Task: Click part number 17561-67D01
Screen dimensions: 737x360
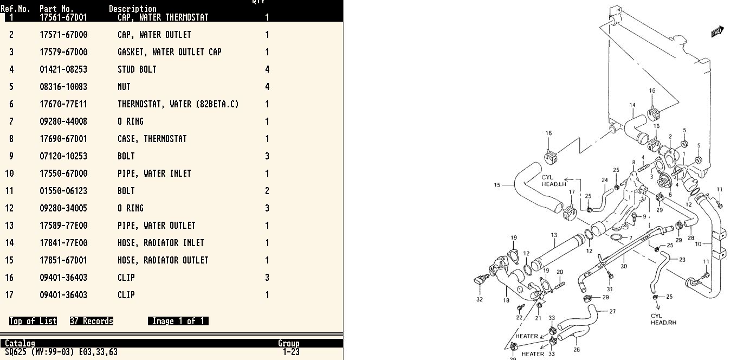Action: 63,17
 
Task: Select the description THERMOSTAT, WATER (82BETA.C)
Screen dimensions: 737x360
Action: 178,104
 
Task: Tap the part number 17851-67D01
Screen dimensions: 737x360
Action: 63,260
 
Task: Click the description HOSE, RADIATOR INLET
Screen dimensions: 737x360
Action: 161,243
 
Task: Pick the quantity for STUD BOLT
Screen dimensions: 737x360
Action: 267,69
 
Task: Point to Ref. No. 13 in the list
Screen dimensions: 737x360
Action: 9,226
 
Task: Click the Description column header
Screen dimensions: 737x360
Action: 133,9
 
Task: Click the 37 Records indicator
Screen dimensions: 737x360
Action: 92,321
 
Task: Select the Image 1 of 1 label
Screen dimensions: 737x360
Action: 178,321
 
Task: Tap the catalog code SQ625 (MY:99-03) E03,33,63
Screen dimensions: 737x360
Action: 61,352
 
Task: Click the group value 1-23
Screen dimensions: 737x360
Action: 291,352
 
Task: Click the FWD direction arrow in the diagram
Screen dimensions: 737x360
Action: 717,31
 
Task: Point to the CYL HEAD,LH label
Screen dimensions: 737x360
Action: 554,181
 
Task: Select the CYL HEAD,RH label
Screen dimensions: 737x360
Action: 663,319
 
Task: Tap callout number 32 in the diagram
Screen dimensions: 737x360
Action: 480,299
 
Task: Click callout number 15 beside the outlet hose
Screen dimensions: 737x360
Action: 497,185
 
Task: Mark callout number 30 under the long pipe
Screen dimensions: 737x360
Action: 624,266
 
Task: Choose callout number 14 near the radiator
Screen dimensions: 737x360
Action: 632,105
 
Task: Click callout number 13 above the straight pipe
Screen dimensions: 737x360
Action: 554,235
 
